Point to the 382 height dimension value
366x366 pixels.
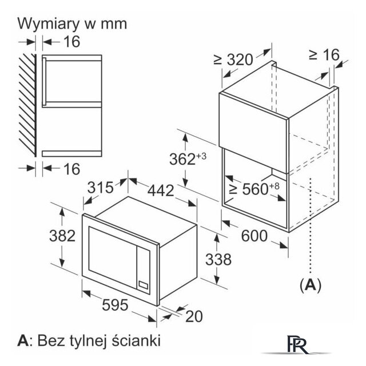point(61,235)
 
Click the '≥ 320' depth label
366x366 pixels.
point(233,59)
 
